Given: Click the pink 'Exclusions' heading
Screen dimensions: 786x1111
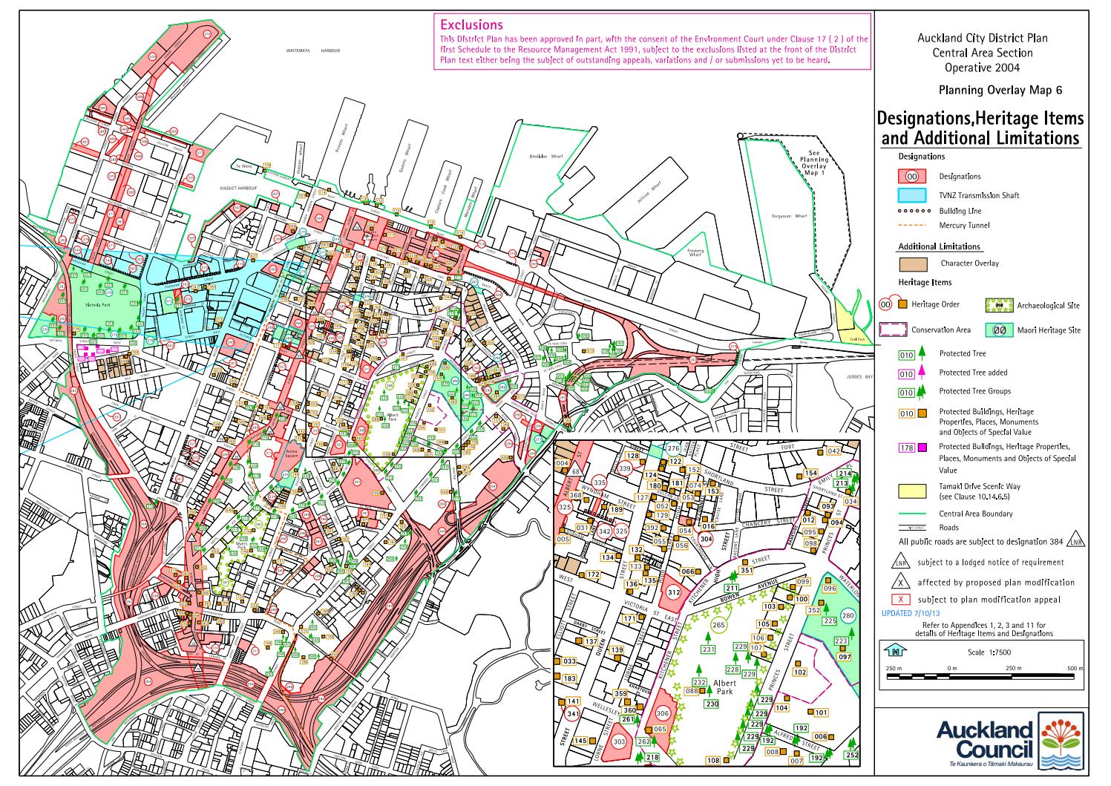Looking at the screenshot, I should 471,25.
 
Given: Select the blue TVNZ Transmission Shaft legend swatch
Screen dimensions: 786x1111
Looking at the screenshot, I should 912,195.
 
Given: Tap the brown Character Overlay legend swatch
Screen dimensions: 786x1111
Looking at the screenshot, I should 912,263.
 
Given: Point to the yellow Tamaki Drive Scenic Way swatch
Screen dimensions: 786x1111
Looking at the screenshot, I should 912,491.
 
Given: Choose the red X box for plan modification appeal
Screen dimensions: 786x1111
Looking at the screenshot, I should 900,599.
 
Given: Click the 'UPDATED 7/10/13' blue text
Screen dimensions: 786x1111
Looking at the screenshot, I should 909,614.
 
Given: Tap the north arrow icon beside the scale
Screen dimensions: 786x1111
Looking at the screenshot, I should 896,651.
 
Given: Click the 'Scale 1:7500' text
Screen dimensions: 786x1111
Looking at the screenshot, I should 989,652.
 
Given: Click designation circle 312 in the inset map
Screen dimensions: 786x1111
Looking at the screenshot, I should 673,592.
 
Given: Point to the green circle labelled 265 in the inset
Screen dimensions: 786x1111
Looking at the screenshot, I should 718,625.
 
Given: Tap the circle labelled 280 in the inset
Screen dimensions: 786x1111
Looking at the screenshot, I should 848,615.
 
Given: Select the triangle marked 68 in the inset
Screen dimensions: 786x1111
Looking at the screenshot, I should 576,471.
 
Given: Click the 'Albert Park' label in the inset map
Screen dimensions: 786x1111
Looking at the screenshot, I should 724,687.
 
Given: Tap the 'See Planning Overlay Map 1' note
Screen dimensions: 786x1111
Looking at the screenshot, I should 813,163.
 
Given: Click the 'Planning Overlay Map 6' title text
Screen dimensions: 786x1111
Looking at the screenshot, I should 1000,91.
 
